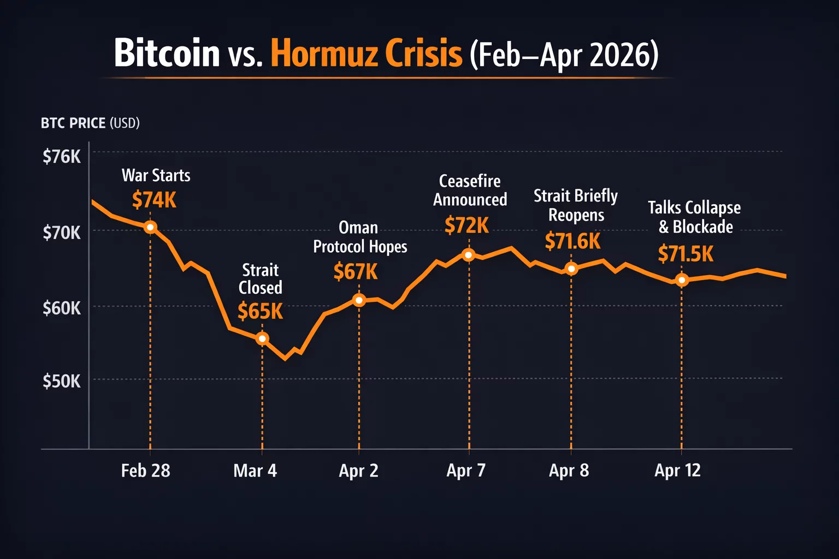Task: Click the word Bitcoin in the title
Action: point(167,53)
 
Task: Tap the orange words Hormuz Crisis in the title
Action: point(367,53)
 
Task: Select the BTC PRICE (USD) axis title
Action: point(90,123)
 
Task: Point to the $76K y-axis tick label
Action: point(62,157)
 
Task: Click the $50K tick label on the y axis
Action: point(62,381)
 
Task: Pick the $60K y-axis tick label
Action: point(62,308)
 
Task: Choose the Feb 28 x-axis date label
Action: point(145,471)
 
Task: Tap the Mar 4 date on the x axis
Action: point(255,471)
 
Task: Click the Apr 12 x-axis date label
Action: point(677,471)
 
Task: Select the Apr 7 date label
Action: point(466,471)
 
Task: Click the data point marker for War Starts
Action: point(150,227)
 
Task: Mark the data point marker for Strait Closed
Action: point(262,339)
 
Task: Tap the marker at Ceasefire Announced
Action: point(469,255)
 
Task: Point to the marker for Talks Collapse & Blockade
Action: point(682,280)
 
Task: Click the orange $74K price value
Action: point(154,200)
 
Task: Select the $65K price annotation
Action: point(260,311)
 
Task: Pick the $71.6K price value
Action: point(572,241)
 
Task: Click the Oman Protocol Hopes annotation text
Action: point(360,237)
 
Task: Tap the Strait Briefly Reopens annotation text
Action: point(576,205)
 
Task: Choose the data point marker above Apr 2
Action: point(359,300)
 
